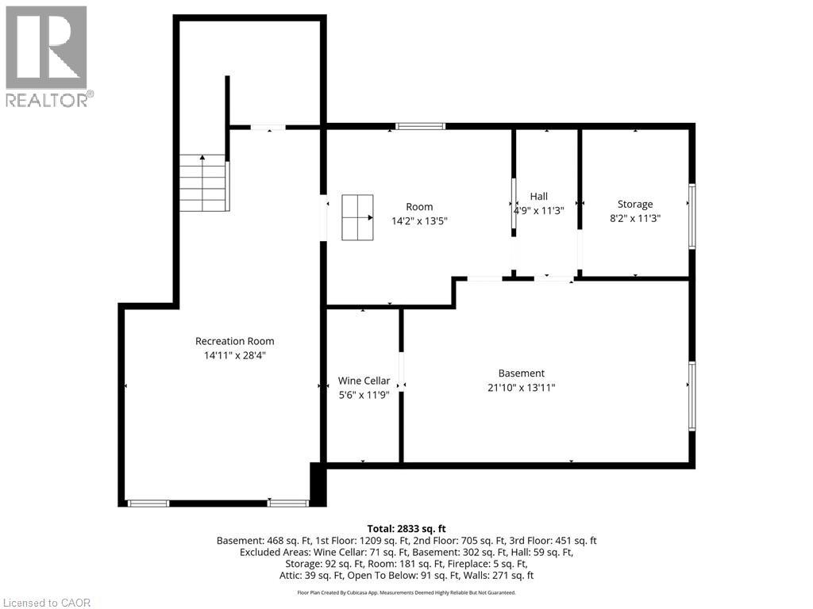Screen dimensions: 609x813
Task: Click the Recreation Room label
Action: coord(234,341)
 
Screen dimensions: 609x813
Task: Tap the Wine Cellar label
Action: coord(364,381)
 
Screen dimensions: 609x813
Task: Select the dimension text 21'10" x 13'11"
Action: coord(522,388)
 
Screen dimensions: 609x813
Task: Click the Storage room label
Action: coord(635,204)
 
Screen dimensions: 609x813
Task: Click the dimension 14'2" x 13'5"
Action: coord(420,221)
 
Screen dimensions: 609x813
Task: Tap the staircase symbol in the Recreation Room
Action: coord(203,183)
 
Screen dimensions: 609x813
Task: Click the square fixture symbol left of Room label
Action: coord(357,216)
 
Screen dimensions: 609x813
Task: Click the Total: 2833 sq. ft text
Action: coord(406,528)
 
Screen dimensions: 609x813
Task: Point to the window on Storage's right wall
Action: coord(692,216)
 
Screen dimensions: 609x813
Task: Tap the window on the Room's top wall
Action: coord(420,126)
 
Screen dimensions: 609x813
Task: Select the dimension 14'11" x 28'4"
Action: coord(234,356)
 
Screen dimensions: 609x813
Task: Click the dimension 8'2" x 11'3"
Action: coord(635,218)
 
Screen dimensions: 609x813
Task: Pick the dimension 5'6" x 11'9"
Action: coord(364,395)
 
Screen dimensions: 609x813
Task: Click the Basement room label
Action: coord(522,373)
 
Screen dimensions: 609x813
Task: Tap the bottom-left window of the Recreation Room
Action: coord(148,503)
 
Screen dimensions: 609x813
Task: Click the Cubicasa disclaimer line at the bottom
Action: coord(406,592)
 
